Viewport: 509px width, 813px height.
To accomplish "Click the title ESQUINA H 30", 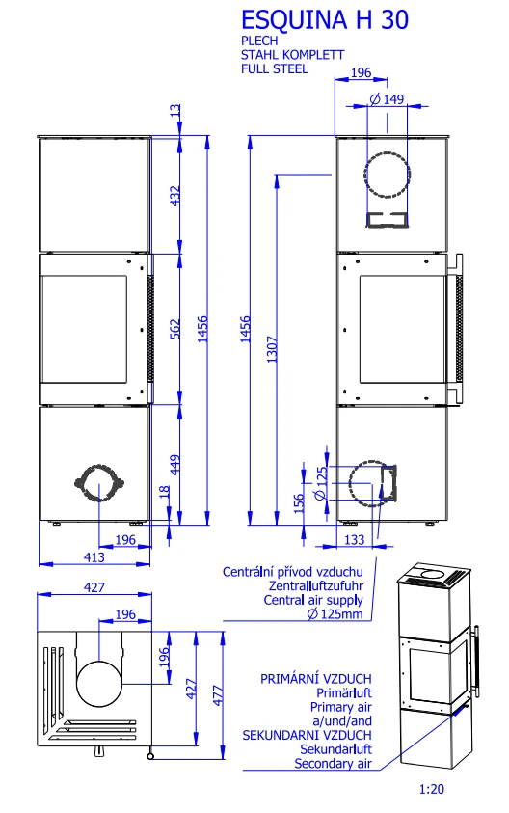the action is (325, 20).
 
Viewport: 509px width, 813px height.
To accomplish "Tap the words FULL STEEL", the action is (274, 69).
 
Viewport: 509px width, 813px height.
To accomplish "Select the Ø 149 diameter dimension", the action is (387, 99).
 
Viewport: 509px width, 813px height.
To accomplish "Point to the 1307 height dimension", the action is (272, 349).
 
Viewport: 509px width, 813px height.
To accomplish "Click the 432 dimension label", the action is (175, 196).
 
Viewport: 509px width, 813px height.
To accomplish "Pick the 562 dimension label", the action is (175, 329).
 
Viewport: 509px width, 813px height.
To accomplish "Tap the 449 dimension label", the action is (175, 465).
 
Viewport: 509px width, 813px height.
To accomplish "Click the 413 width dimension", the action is (94, 557).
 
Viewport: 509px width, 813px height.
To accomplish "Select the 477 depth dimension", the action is (218, 695).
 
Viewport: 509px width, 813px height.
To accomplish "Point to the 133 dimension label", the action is (355, 540).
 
